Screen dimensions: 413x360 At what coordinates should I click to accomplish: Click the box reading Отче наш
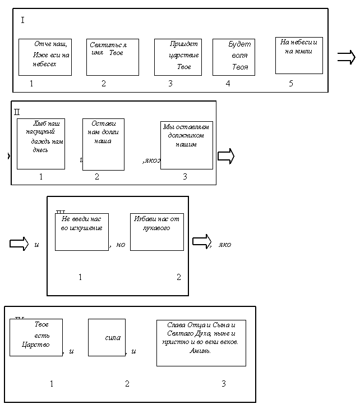[45, 57]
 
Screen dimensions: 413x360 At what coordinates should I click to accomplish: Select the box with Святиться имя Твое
[112, 57]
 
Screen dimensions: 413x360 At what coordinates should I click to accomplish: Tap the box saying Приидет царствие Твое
[178, 57]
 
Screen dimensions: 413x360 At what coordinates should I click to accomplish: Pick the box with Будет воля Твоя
[234, 57]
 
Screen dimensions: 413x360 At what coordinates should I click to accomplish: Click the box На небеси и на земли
[299, 55]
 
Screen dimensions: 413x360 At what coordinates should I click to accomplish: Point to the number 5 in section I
[291, 84]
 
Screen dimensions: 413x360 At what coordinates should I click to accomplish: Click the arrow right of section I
[346, 57]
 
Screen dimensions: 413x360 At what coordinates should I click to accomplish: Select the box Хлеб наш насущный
[41, 144]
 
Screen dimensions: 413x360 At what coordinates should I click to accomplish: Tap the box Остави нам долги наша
[103, 144]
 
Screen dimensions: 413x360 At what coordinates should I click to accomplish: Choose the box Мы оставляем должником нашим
[187, 145]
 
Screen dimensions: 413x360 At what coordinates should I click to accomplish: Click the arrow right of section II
[225, 157]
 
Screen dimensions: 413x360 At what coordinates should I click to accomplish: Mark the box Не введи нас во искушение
[82, 231]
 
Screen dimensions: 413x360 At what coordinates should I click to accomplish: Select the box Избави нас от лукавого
[157, 231]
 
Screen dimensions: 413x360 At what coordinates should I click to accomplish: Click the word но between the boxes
[121, 245]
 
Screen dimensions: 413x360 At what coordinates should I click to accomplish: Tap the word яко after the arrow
[224, 245]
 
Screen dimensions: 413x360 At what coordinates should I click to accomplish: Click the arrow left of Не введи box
[19, 244]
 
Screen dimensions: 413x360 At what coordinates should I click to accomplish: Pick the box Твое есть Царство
[36, 337]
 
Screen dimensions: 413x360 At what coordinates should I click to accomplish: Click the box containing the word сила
[107, 337]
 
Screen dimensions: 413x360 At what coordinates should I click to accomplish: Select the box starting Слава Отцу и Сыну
[201, 342]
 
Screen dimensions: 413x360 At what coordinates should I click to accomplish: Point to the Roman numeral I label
[22, 21]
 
